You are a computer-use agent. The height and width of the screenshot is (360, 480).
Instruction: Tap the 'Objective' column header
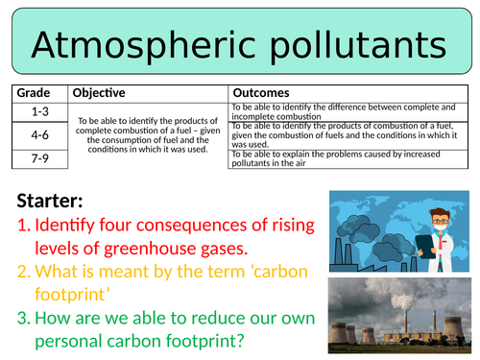point(102,93)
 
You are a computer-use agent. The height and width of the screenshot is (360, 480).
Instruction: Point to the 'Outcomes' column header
point(262,93)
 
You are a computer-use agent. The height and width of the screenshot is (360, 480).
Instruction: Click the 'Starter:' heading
point(57,203)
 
